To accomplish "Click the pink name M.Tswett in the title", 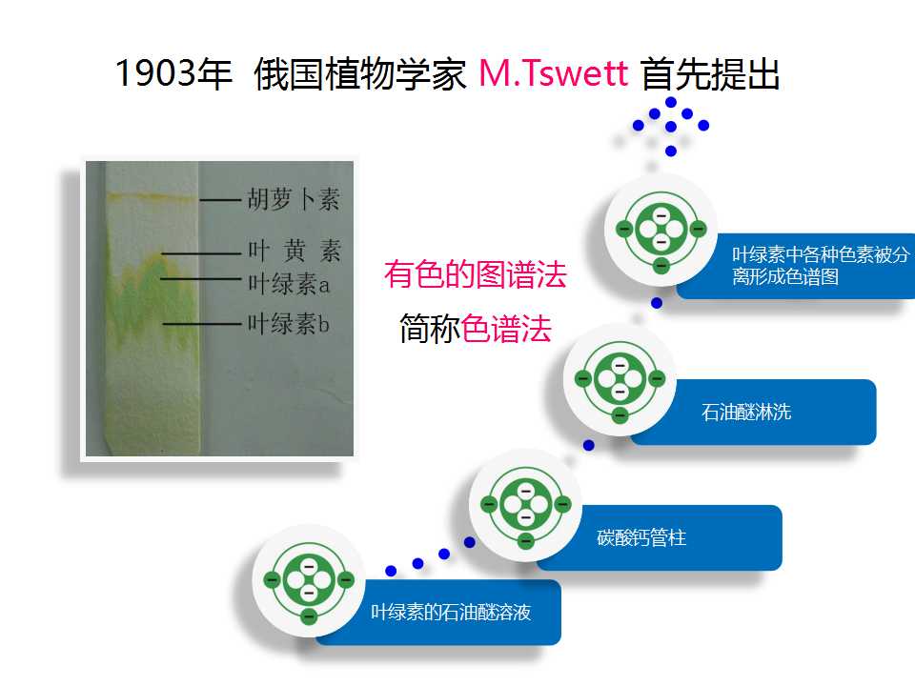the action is pyautogui.click(x=553, y=73).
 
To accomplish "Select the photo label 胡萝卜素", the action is pyautogui.click(x=293, y=199).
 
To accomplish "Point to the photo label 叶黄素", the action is pyautogui.click(x=295, y=252).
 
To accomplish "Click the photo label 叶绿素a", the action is pyautogui.click(x=289, y=284).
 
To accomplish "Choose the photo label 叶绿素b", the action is pyautogui.click(x=289, y=323).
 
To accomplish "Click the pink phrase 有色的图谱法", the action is pyautogui.click(x=475, y=274).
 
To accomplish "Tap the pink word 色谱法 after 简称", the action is pyautogui.click(x=506, y=329).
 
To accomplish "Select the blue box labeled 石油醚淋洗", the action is pyautogui.click(x=754, y=412).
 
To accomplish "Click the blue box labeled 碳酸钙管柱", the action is pyautogui.click(x=660, y=537).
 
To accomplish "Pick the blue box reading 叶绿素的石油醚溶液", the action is pyautogui.click(x=438, y=612).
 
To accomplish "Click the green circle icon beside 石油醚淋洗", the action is pyautogui.click(x=620, y=380).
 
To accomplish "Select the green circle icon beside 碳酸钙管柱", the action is pyautogui.click(x=526, y=505).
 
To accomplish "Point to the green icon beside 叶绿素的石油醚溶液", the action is pyautogui.click(x=309, y=580).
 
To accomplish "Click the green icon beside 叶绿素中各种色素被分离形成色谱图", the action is pyautogui.click(x=661, y=230).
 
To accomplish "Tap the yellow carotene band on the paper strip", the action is pyautogui.click(x=151, y=196).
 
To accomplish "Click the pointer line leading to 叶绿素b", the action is pyautogui.click(x=202, y=323).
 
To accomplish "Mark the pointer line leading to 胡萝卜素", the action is pyautogui.click(x=220, y=200).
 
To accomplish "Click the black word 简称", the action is pyautogui.click(x=430, y=329).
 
